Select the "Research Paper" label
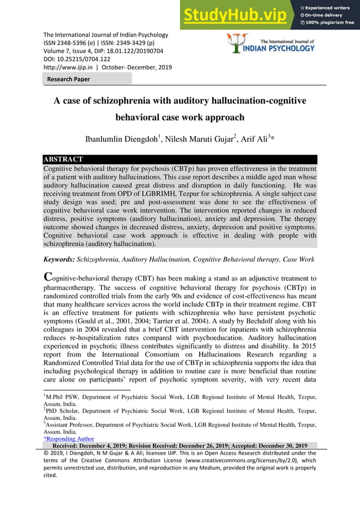coord(68,79)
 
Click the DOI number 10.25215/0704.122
coord(85,58)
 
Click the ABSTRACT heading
coord(64,159)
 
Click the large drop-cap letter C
coord(49,277)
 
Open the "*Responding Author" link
coord(69,438)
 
